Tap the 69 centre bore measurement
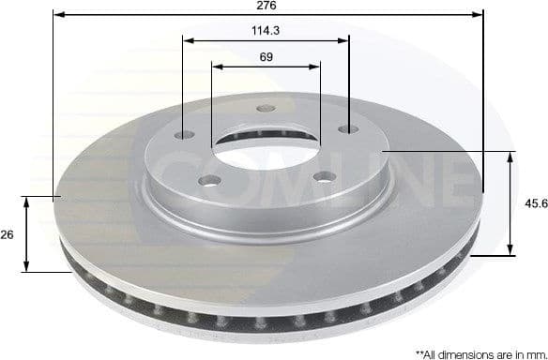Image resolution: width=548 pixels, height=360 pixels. (x=266, y=57)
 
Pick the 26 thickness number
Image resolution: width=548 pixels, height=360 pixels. (x=8, y=234)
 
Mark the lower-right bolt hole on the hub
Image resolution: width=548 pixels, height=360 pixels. (x=322, y=176)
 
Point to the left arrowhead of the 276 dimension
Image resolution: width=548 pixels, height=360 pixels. (x=57, y=15)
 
